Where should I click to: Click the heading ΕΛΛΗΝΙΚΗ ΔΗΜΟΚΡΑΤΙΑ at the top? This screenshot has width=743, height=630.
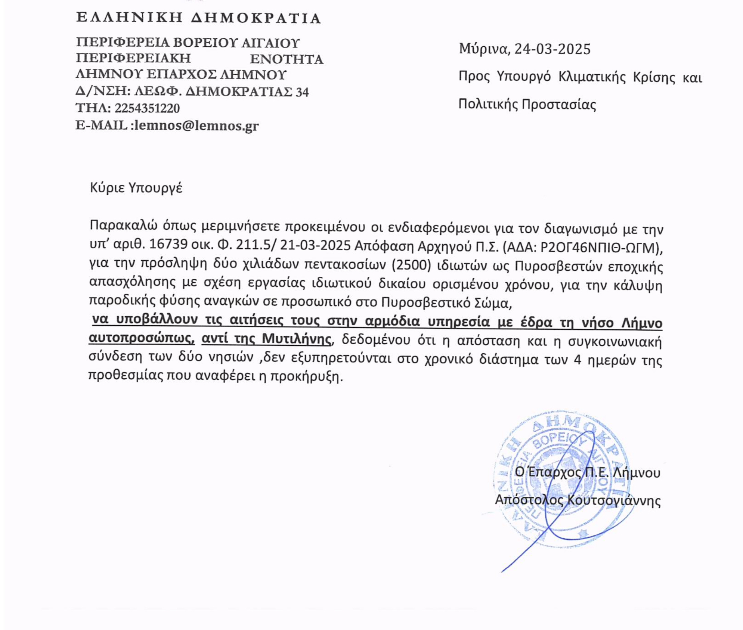coord(198,18)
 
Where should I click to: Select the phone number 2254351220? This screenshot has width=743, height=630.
coord(147,108)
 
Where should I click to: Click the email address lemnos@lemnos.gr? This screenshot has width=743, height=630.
coord(196,125)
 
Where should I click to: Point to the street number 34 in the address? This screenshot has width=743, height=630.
coord(302,92)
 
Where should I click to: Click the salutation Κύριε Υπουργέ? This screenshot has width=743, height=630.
coord(136,187)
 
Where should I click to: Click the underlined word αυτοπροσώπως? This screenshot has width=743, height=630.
coord(141,338)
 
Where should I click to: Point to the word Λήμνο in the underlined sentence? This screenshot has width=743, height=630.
coord(641,323)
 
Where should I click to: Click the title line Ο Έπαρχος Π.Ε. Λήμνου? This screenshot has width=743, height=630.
coord(587,472)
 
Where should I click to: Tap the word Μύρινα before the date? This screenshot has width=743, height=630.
coord(484,49)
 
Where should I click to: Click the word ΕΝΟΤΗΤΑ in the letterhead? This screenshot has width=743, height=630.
coord(287,59)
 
